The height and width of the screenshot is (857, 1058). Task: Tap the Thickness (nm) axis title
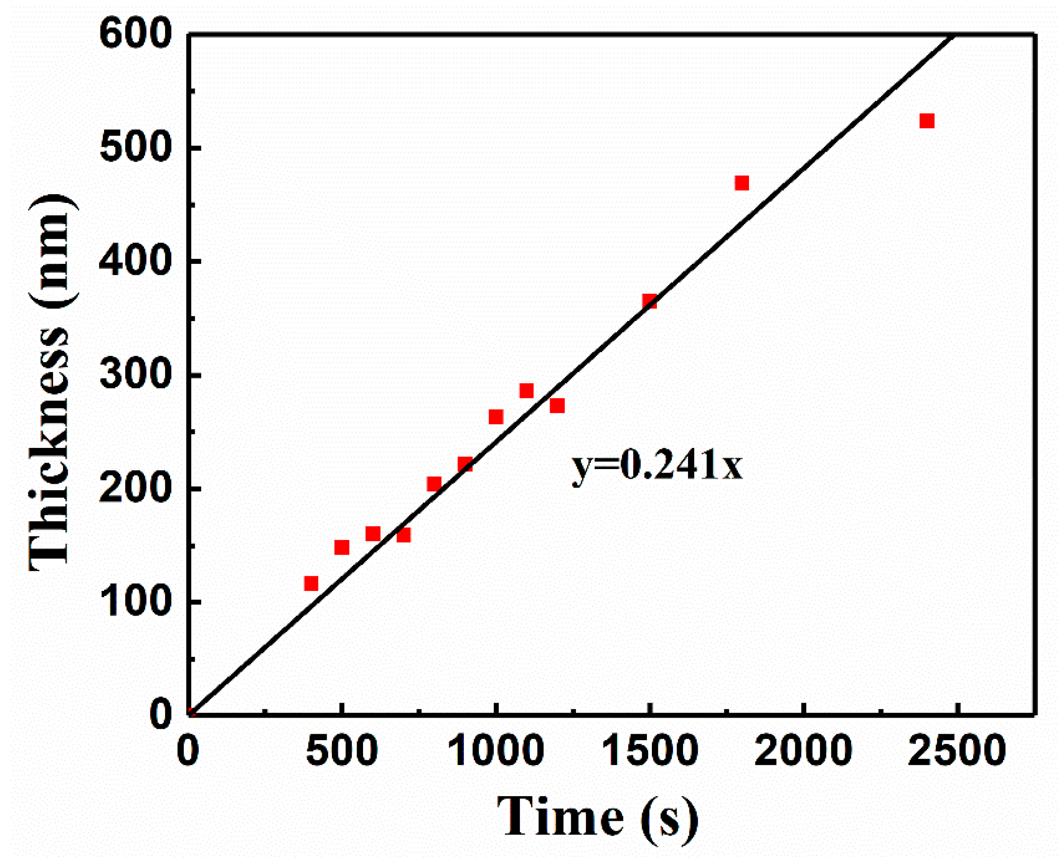(x=52, y=382)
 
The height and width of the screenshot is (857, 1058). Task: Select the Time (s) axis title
(x=598, y=817)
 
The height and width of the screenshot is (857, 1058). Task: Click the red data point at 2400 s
(x=927, y=121)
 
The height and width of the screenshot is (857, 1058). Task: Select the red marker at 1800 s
(x=742, y=183)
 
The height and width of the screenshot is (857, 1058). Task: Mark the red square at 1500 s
(x=650, y=301)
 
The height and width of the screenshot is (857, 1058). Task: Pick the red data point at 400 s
(x=311, y=584)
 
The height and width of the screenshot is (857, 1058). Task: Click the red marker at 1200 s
(x=557, y=406)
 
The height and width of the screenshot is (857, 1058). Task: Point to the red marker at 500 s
(x=342, y=547)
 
